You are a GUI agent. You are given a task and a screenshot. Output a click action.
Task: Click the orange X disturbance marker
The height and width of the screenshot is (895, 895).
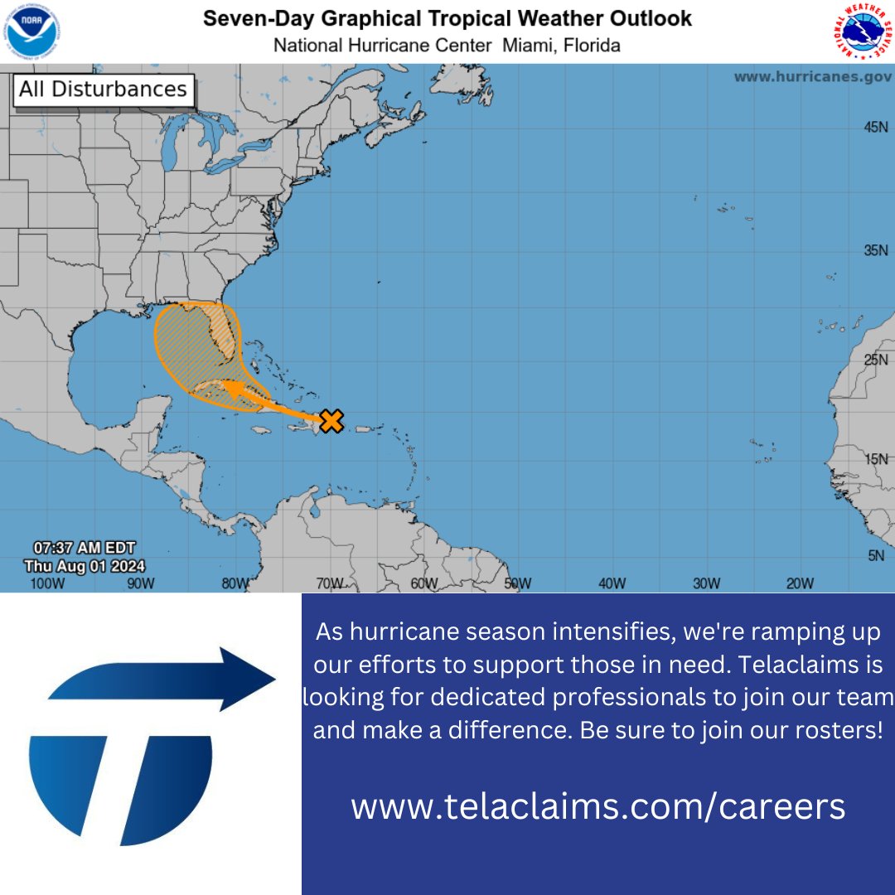point(331,421)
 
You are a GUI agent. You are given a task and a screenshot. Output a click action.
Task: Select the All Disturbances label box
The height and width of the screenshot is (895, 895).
point(104,90)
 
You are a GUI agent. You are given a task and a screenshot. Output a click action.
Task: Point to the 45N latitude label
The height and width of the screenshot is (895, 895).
point(876,128)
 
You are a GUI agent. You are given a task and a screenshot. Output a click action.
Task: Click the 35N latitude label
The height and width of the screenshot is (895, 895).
point(876,250)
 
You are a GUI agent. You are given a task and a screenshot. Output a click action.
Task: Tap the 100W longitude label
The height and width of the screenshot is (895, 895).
point(47,583)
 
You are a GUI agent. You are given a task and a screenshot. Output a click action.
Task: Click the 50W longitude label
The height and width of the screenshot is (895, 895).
point(518,583)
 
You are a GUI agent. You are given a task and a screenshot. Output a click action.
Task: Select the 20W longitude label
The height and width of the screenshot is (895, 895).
point(800,583)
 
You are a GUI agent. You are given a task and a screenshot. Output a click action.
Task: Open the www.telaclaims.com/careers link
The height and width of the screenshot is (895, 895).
point(597,805)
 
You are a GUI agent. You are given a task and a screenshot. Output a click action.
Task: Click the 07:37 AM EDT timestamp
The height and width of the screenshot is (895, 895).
point(85,548)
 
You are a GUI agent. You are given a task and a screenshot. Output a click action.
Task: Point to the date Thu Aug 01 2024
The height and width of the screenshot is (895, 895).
point(85,566)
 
